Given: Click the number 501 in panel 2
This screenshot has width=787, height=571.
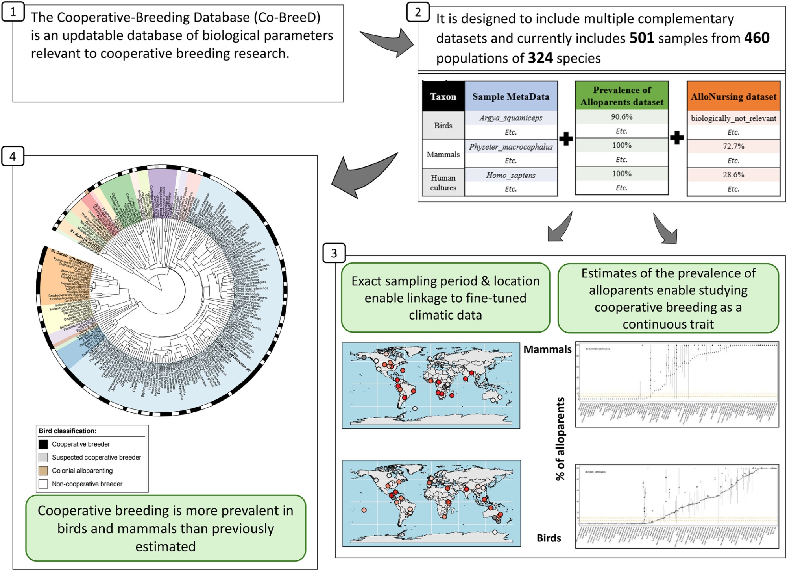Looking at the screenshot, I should pos(641,38).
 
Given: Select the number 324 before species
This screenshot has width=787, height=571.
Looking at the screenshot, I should pos(540,58).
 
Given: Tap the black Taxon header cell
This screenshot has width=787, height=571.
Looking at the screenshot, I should pos(443,96).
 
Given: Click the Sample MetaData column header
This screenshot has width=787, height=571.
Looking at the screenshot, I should pos(511,96).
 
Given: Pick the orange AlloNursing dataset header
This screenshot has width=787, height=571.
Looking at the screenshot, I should pos(733,96).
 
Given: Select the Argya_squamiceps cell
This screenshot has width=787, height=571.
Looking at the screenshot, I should pos(511,118).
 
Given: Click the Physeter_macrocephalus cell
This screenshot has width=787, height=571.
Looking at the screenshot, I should pos(511,147).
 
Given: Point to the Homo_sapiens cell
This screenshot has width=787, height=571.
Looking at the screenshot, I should pos(511,175).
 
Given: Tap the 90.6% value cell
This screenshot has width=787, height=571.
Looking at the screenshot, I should pos(622,117).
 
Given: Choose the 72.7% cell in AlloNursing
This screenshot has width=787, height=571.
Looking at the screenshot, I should pos(733,146).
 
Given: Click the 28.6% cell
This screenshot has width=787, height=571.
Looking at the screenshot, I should pos(733,175).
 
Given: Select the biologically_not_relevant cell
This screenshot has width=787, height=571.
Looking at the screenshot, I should pos(733,118).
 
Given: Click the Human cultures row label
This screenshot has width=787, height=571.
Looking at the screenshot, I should pos(443,183).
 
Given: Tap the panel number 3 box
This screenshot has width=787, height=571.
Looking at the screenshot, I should pos(334,253).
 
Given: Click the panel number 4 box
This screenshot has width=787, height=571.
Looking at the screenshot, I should pos(13,156).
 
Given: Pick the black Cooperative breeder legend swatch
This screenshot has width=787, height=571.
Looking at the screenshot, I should pos(43,444).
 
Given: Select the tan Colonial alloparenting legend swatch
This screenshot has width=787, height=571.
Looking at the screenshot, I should pos(43,471).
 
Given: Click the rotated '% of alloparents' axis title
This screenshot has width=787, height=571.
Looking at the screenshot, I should pos(560,439).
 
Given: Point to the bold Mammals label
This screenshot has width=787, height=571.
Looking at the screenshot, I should pos(547,349).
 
